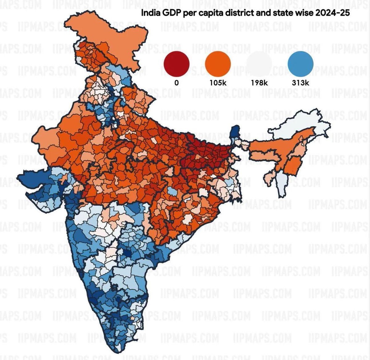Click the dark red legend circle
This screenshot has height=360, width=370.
176,64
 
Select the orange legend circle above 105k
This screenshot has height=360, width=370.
218,64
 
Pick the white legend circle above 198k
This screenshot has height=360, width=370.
259,64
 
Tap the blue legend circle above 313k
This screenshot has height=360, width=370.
300,64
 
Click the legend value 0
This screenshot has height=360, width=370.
176,83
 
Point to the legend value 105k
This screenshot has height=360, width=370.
218,83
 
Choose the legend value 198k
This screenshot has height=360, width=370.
259,83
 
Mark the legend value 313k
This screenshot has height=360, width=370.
300,83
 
